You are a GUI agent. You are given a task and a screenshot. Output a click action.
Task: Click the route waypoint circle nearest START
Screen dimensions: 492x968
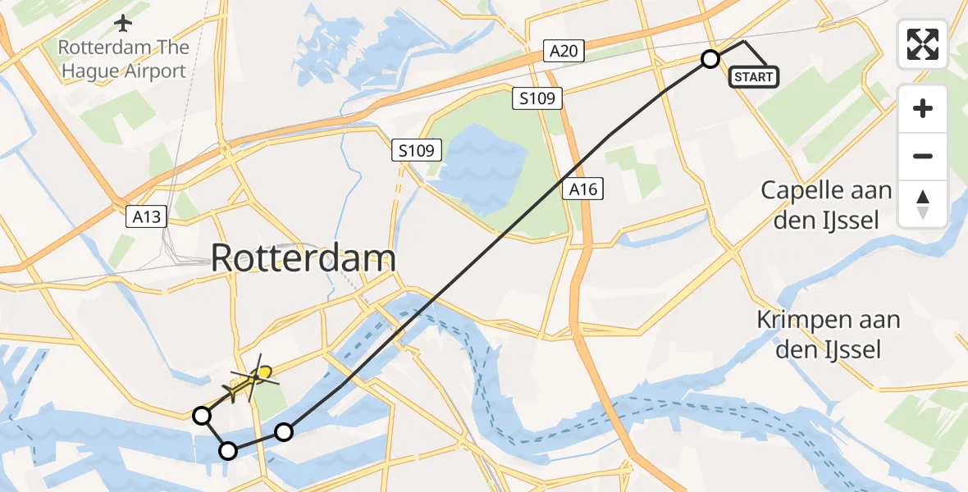[x=710, y=59]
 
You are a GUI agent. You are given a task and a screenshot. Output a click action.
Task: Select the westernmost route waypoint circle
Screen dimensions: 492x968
[x=202, y=416]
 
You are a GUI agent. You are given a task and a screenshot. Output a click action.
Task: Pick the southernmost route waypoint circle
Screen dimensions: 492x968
[x=229, y=450]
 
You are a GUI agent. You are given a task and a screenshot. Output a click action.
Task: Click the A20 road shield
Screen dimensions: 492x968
[x=564, y=52]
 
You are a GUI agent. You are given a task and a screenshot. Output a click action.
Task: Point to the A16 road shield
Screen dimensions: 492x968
[x=585, y=190]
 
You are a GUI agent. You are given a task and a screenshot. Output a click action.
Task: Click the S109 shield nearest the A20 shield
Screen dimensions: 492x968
[x=537, y=99]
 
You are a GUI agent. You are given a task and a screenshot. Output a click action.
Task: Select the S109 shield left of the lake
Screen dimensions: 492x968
[x=417, y=151]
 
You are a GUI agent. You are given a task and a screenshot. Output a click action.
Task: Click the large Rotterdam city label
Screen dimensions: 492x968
[x=304, y=259]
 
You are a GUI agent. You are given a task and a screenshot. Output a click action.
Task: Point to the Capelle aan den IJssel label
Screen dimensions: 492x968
[x=826, y=205]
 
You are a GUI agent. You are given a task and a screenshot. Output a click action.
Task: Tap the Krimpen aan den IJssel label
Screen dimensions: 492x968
[x=829, y=335]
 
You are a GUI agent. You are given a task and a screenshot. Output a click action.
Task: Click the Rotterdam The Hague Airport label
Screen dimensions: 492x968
[x=122, y=59]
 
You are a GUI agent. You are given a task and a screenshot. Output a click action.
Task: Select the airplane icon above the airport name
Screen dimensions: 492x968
[x=123, y=21]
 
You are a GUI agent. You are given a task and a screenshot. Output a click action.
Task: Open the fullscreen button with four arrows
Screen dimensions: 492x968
[x=923, y=44]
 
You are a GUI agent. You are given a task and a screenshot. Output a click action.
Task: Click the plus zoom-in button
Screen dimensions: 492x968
[x=923, y=108]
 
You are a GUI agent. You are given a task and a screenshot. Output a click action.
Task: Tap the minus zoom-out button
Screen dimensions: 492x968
[x=923, y=156]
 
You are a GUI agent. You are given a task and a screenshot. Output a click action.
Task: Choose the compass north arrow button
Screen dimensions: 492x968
[x=923, y=204]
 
